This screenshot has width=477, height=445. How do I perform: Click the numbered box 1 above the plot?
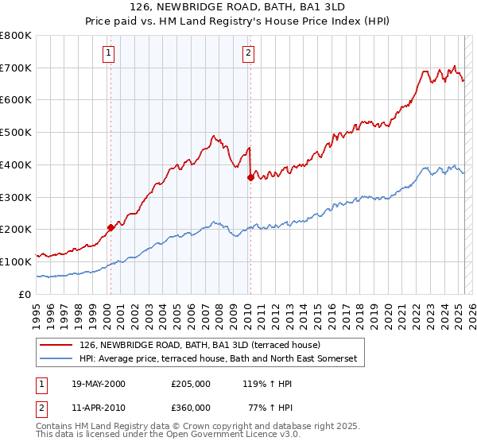coord(108,53)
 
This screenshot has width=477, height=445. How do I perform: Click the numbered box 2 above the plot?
coord(248,53)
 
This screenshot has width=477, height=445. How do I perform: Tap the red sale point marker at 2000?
coord(111,227)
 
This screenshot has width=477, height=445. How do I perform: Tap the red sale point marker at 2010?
coord(250,177)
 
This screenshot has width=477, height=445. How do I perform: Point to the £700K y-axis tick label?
coord(17,68)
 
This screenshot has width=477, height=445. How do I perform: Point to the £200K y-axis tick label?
coord(17,229)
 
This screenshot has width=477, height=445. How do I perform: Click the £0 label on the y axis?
coord(25,294)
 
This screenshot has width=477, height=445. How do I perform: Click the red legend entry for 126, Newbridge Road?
coord(200,345)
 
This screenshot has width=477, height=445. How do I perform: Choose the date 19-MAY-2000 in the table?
coord(99,382)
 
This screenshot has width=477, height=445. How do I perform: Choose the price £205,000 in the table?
coord(191,382)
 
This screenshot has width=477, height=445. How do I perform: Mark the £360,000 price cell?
coord(191,407)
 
